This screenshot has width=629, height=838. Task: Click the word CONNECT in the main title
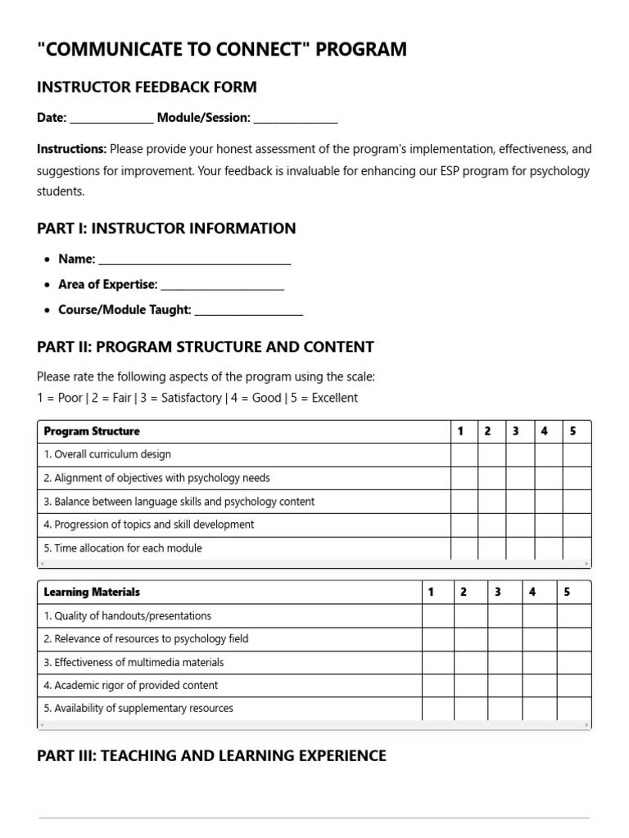click(x=267, y=50)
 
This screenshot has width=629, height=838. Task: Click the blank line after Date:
click(x=111, y=119)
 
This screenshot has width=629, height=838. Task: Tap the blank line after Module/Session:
click(x=295, y=119)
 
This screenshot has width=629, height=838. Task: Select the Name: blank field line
click(x=194, y=261)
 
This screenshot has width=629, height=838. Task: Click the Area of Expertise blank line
click(x=222, y=286)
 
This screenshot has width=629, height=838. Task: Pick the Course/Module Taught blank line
click(x=249, y=312)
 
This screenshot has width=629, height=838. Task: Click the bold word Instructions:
click(x=71, y=149)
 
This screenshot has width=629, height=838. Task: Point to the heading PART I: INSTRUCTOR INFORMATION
click(x=166, y=228)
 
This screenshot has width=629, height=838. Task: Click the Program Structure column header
click(x=92, y=431)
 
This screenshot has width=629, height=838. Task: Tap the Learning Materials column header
click(x=92, y=592)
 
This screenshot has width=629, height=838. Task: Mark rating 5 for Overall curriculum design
click(x=575, y=455)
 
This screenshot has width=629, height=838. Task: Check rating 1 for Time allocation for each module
click(x=464, y=548)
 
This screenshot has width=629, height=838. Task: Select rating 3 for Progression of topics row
click(x=519, y=525)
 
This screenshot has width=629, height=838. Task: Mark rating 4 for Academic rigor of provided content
click(x=540, y=686)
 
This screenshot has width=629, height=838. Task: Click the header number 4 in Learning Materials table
click(x=532, y=592)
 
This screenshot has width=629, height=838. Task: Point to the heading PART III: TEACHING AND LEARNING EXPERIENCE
click(x=211, y=755)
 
